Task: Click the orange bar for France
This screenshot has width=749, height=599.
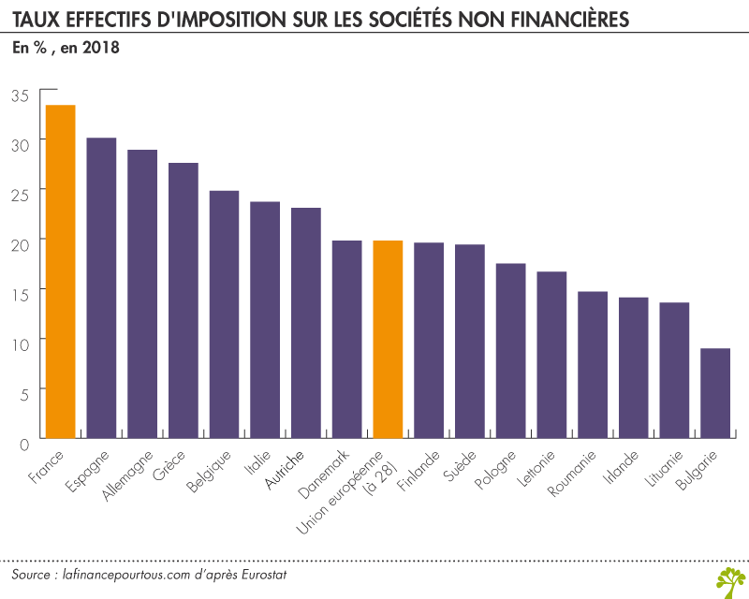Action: (60, 271)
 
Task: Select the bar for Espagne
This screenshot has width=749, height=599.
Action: (101, 288)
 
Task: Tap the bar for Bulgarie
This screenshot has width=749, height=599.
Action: (715, 393)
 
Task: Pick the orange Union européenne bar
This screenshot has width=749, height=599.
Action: (388, 340)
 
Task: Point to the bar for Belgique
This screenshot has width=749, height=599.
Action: (224, 314)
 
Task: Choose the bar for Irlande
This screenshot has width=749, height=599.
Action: (634, 368)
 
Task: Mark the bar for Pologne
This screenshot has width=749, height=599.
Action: (510, 351)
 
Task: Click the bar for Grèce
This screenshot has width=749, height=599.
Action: (184, 300)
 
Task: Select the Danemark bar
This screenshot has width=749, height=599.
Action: (347, 340)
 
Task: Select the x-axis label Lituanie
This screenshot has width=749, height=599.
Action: (666, 473)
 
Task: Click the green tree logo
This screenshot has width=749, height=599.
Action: (730, 579)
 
